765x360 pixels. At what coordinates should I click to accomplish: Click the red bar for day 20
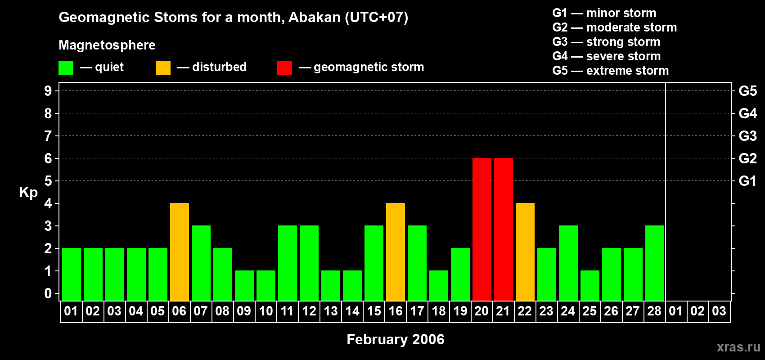pos(481,229)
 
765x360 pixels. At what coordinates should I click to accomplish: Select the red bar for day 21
pos(503,229)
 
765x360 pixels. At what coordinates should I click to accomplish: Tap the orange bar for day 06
pos(179,252)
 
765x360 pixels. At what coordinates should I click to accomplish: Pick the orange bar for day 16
pos(395,252)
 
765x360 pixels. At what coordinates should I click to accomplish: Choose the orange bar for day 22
pos(525,252)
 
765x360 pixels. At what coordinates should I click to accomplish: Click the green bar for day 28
pos(654,263)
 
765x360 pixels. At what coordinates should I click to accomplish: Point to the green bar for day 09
pos(244,285)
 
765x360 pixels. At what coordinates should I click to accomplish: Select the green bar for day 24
pos(568,263)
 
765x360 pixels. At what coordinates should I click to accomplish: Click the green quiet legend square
pos(66,68)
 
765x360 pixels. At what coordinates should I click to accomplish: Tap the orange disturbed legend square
pos(163,68)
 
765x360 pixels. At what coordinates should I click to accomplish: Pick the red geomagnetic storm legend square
pos(284,68)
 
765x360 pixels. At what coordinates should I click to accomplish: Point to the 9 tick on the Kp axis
pos(48,91)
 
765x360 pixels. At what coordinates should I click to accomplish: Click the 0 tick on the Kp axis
pos(48,293)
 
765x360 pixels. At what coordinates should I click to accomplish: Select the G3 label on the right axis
pos(747,136)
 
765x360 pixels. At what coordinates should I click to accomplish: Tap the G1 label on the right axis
pos(747,181)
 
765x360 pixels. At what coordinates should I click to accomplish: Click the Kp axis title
pos(28,192)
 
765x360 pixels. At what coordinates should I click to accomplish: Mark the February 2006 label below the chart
pos(395,339)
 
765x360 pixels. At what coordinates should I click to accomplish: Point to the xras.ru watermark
pos(738,347)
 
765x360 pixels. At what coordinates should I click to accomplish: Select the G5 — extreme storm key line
pos(610,71)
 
